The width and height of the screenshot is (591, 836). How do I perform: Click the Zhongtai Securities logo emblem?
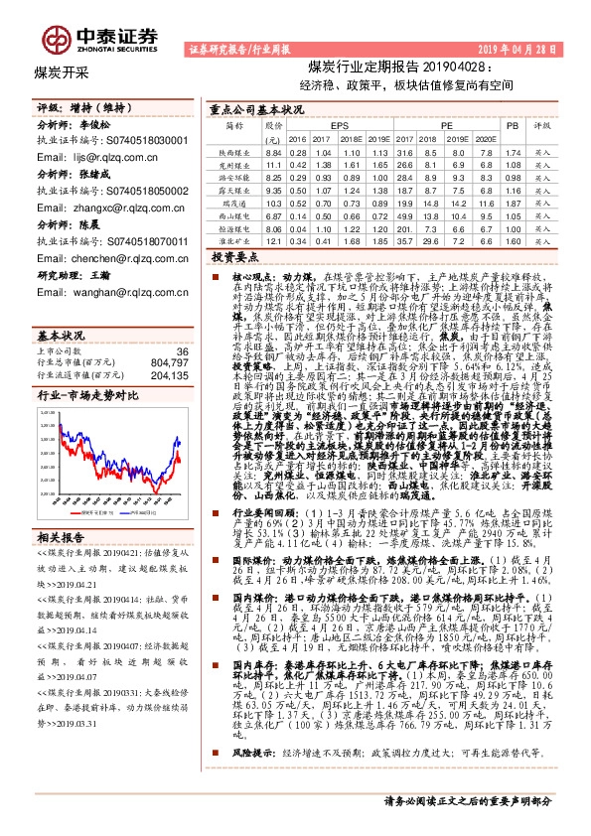60,38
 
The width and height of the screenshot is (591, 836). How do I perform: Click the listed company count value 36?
181,325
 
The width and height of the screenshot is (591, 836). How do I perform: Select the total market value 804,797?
168,336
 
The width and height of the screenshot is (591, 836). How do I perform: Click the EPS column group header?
339,127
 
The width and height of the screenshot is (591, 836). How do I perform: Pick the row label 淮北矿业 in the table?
233,239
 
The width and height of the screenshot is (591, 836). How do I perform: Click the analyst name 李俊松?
98,128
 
